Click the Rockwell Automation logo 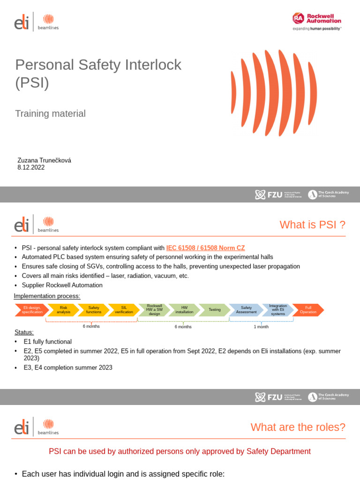(x=317, y=21)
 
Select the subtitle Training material (x=50, y=113)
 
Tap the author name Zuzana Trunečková (x=44, y=160)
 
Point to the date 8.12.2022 (x=31, y=167)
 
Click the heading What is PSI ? (x=312, y=225)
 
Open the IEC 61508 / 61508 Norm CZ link (x=205, y=248)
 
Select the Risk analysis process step (x=63, y=310)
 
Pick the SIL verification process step (x=124, y=310)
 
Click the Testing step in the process (x=214, y=310)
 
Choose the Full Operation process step (x=308, y=310)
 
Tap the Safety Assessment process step (x=246, y=310)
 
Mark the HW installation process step (x=184, y=310)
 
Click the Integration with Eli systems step (x=278, y=310)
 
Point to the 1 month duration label (x=261, y=327)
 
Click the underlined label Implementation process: (x=47, y=296)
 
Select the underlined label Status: (x=24, y=332)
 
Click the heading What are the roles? (x=298, y=427)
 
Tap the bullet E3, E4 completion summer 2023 (x=68, y=367)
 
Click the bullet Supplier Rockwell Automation (x=62, y=285)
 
